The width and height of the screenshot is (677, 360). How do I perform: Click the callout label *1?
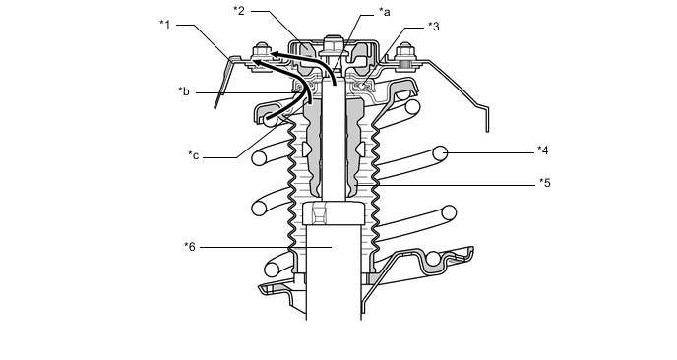165,25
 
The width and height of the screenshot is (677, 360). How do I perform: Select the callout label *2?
239,11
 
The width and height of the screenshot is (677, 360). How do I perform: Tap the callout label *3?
434,27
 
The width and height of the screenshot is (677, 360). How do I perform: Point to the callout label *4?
543,150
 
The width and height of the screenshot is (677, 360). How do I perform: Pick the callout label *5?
545,183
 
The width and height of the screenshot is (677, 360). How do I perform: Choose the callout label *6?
190,247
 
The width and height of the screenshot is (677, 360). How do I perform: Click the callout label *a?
385,12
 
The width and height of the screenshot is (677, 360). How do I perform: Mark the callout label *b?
184,91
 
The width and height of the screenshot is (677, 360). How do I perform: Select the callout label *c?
194,155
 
